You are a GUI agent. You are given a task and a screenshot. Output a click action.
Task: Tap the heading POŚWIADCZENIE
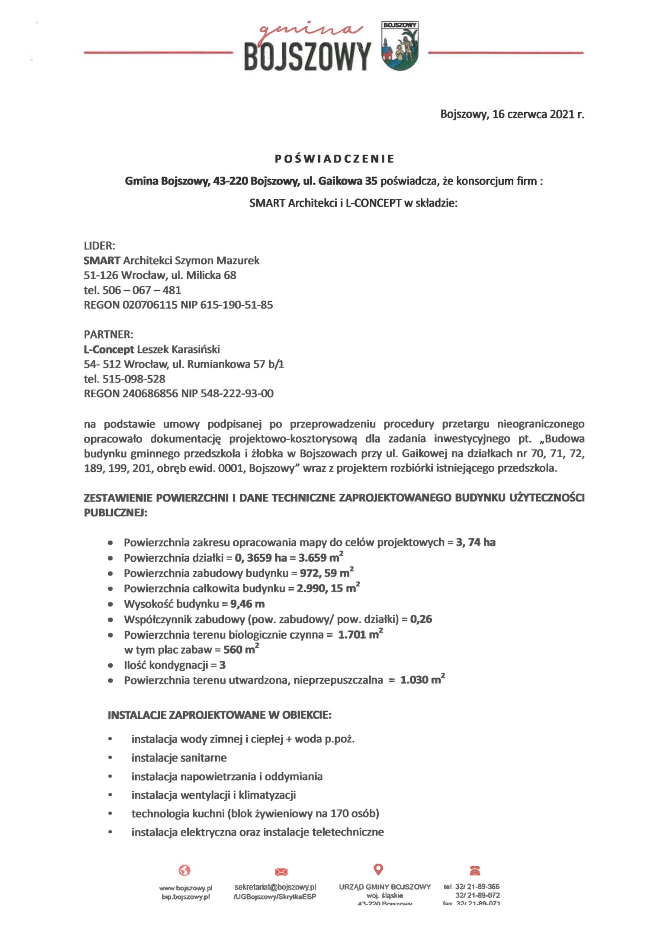(335, 159)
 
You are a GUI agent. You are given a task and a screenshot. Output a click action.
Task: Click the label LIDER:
(100, 246)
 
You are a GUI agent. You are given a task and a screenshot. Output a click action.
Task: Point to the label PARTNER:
(109, 334)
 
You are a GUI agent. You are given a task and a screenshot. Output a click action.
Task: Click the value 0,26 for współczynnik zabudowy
(421, 619)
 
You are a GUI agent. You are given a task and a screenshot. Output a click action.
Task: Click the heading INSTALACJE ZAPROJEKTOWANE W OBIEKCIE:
(220, 715)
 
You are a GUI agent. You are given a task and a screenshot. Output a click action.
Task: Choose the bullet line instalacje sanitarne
(179, 758)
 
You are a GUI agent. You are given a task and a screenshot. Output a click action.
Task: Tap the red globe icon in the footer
(185, 870)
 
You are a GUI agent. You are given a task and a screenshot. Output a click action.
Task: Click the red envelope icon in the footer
(281, 872)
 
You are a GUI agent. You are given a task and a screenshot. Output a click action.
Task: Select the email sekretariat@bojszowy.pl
(275, 887)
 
